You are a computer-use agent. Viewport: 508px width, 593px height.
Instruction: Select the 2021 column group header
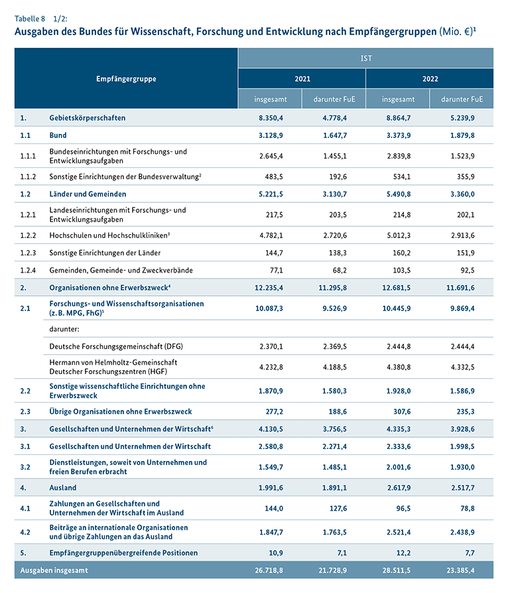coord(302,79)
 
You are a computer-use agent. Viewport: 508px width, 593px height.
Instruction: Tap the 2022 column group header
coord(430,79)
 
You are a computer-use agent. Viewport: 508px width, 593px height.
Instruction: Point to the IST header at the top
coord(365,58)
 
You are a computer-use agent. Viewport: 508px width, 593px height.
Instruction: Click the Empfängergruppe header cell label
coord(126,79)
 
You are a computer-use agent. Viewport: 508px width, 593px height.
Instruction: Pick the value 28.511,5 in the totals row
coord(398,570)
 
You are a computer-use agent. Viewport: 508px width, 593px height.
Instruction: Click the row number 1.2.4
coord(28,270)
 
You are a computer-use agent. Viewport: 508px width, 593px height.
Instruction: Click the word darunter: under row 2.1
coord(64,328)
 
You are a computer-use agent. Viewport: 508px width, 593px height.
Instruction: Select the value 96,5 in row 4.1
coord(398,508)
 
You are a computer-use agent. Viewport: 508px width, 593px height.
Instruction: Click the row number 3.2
coord(25,466)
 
